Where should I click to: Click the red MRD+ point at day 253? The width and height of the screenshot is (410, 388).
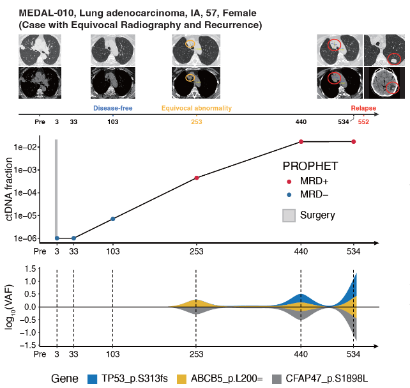click(196, 178)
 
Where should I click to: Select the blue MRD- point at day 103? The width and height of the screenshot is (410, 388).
click(113, 219)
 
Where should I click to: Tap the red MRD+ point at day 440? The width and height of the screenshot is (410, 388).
click(301, 142)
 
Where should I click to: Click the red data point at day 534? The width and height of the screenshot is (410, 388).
click(353, 142)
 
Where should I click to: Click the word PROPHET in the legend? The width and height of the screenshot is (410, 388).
click(310, 167)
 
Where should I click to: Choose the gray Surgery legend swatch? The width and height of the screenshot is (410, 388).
click(289, 215)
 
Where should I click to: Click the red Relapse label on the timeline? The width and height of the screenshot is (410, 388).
click(363, 109)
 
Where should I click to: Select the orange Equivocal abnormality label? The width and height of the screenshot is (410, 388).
click(196, 109)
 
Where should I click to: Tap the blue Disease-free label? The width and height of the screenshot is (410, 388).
click(113, 109)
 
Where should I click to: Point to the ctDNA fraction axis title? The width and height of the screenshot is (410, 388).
click(11, 190)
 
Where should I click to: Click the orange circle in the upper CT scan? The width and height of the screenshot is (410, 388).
click(190, 45)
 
